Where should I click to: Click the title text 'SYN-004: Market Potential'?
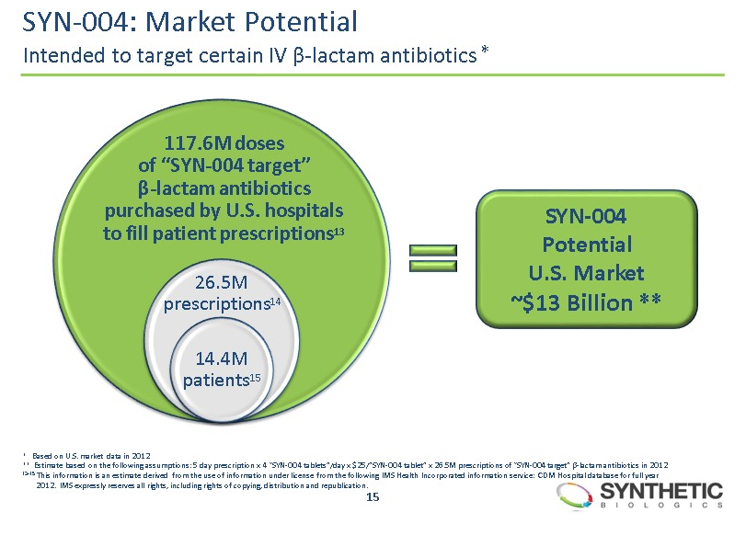[x=189, y=19]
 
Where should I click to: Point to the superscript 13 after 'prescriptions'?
[x=339, y=229]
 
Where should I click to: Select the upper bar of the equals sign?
[x=432, y=249]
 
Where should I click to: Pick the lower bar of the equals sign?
[x=432, y=267]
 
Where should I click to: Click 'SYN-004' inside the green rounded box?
[x=585, y=217]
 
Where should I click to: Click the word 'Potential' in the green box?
[x=586, y=245]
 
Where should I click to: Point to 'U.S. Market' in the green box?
[x=586, y=272]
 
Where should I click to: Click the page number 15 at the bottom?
[x=373, y=497]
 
